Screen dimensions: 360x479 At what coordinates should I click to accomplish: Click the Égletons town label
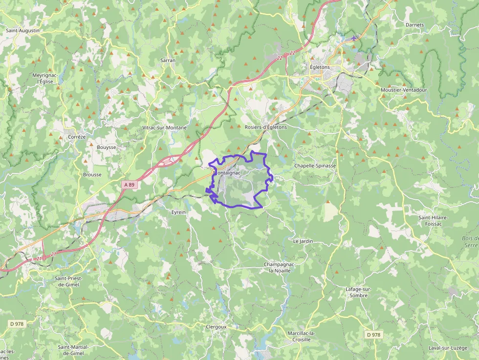[320, 67]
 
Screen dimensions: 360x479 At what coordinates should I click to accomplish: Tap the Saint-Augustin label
[22, 30]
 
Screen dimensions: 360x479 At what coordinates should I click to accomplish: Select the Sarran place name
[168, 60]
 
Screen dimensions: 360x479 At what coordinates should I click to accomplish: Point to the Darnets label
[414, 24]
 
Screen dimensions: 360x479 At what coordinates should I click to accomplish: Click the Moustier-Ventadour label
[403, 90]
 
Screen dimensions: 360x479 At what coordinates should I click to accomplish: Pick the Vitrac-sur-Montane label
[164, 127]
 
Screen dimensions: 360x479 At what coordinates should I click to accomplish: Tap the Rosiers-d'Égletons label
[265, 127]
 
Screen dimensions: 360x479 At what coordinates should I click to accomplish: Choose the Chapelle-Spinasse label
[315, 166]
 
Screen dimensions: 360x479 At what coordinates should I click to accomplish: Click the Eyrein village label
[178, 212]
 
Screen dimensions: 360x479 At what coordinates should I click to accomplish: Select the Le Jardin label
[303, 241]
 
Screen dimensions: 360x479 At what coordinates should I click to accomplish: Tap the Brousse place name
[92, 174]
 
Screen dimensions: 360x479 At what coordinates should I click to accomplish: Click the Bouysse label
[107, 147]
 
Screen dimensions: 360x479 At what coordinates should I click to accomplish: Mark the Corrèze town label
[77, 137]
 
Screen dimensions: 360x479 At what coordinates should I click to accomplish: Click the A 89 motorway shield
[129, 185]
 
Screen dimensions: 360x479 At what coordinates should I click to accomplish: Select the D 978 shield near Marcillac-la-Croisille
[373, 335]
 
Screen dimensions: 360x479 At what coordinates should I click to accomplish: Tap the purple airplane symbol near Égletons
[354, 38]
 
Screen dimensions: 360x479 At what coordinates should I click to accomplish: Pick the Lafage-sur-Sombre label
[359, 292]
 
